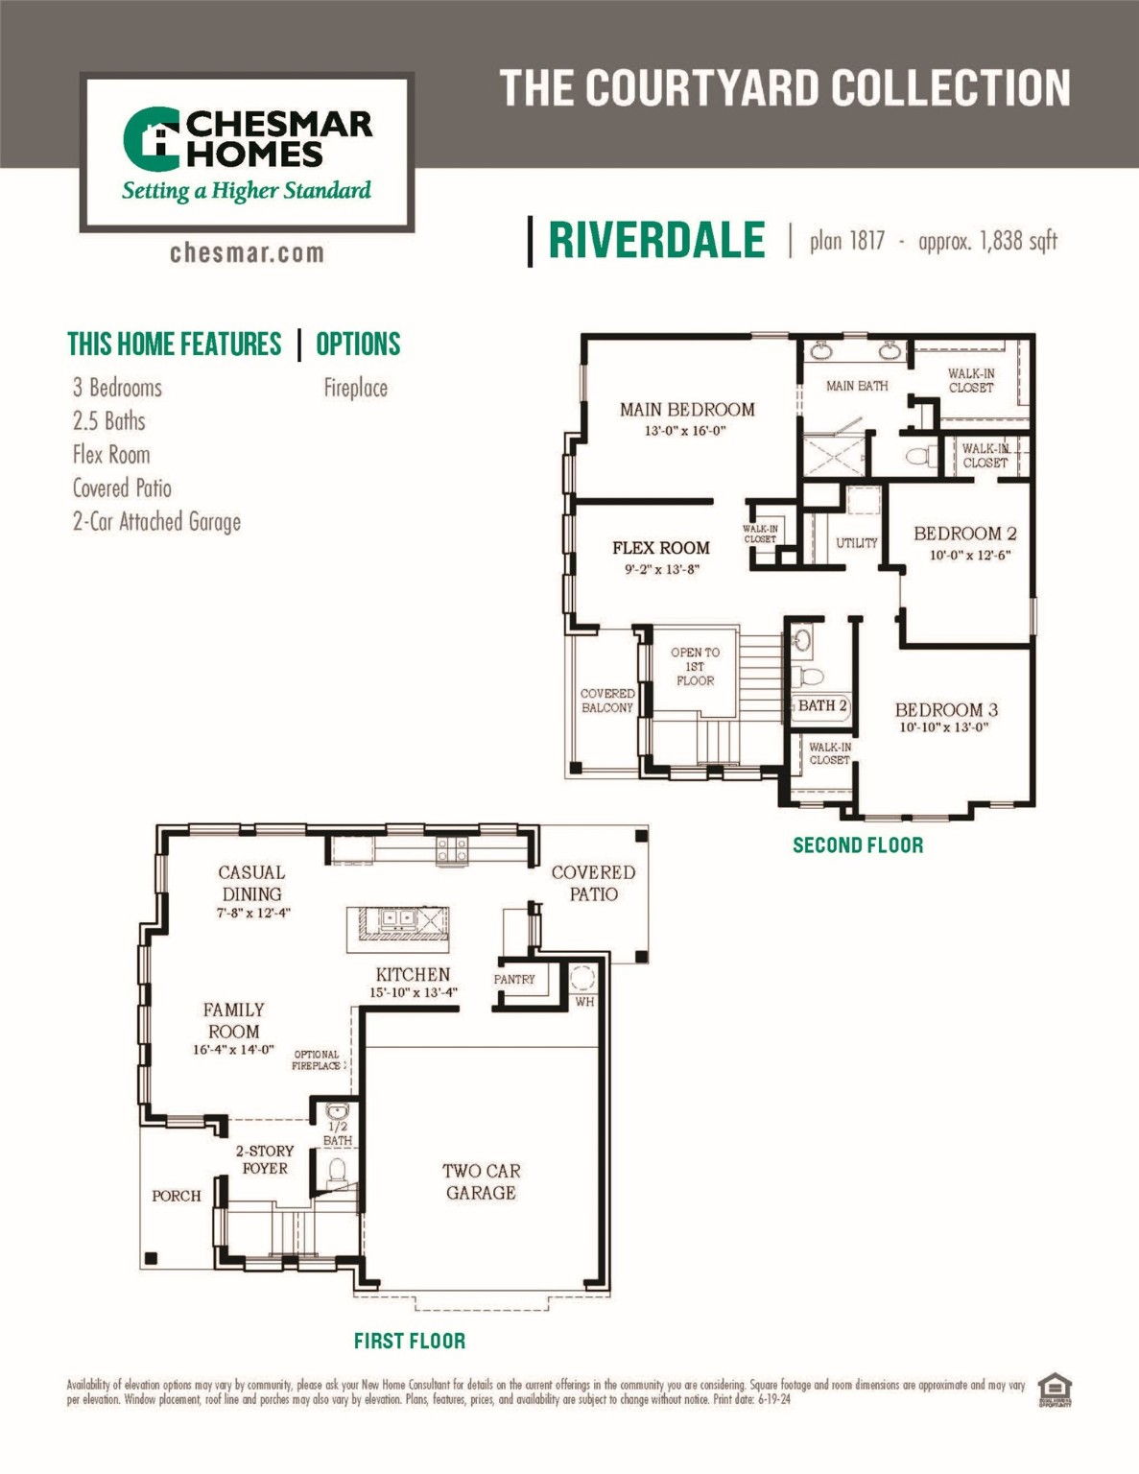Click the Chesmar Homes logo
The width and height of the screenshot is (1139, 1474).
pos(247,154)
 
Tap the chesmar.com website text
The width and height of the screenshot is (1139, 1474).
pos(247,253)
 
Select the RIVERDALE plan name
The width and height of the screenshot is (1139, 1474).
pos(656,240)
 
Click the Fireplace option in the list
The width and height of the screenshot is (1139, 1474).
pos(355,389)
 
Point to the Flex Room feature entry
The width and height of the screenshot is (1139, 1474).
pos(111,455)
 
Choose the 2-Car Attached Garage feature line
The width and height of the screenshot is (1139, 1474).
pos(156,522)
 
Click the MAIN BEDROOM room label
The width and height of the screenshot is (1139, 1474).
pos(687,410)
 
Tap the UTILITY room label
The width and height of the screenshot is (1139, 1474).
pos(856,543)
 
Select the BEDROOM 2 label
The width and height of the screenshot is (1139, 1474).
pos(964,534)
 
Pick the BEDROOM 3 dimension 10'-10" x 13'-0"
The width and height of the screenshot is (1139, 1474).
pos(944,727)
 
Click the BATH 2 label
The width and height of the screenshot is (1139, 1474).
pos(822,706)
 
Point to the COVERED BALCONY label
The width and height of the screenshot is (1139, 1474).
pos(606,701)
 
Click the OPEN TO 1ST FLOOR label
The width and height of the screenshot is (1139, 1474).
pos(695,666)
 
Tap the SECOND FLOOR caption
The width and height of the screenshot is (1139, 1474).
pos(858,845)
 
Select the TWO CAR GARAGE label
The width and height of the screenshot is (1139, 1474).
pos(481,1181)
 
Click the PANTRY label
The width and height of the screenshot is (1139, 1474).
pos(514,980)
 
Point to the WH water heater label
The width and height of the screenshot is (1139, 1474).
pos(584,1002)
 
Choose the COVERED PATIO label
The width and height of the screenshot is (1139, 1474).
pos(593,883)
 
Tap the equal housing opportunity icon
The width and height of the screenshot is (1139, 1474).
pos(1055,1389)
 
